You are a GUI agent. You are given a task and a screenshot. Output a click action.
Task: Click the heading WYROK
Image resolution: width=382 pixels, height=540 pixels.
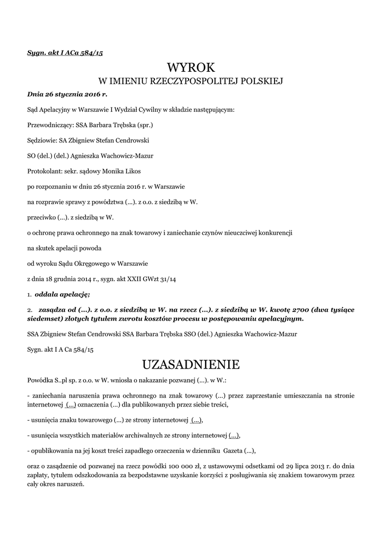click(191, 67)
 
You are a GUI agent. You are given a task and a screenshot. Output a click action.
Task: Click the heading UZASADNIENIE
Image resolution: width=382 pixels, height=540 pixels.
click(191, 364)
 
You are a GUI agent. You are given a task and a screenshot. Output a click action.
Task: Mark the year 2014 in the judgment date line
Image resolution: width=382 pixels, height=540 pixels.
click(82, 278)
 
